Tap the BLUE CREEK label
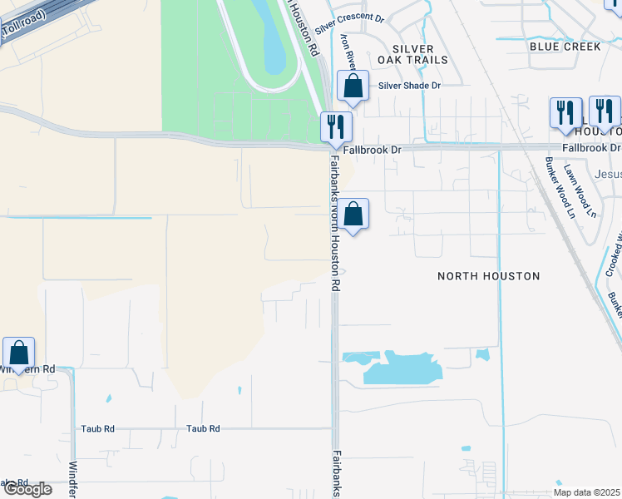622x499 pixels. pos(565,47)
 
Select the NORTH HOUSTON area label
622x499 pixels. pos(489,275)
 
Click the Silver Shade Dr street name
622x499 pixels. pos(409,85)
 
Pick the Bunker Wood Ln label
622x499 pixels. pos(559,188)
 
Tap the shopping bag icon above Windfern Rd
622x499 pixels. pos(18,353)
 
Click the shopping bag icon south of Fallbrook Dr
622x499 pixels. pos(353,215)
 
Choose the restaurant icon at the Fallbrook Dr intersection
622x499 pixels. pos(336,127)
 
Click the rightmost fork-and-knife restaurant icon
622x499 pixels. pos(605,111)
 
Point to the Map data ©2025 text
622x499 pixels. pos(587,492)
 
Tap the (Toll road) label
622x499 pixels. pos(22,27)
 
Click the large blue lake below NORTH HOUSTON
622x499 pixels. pos(399,369)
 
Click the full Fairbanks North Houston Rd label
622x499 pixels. pos(335,222)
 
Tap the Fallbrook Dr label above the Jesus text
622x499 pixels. pos(591,147)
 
